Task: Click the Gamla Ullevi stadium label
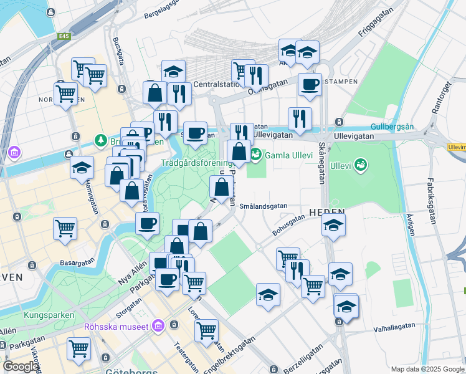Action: tap(290, 155)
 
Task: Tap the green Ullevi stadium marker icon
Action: tap(359, 165)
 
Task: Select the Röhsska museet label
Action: tap(117, 327)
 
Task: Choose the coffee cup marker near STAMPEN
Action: tap(309, 85)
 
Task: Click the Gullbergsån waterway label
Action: tap(392, 127)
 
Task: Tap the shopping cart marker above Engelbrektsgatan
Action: tap(206, 330)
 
